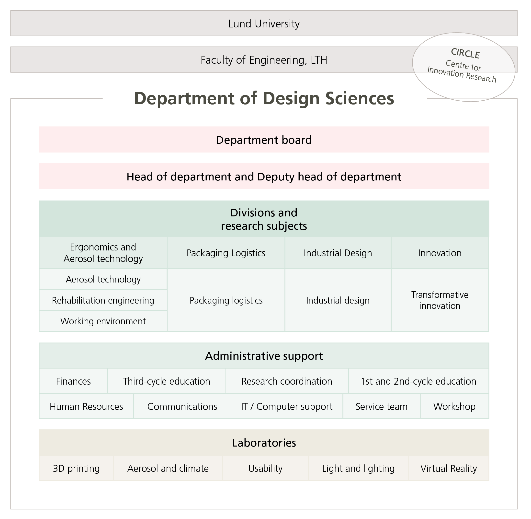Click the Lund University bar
pos(264,24)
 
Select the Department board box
pos(264,140)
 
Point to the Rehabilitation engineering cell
pos(103,300)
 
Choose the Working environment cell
pos(103,321)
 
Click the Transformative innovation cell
pos(440,300)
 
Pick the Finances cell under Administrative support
pos(73,381)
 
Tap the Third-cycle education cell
pos(166,381)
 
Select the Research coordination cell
pos(286,381)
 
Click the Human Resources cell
pos(86,406)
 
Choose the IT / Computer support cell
pos(286,406)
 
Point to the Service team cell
pos(381,406)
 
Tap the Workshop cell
pos(454,406)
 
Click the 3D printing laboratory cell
pos(76,468)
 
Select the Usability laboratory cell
pos(265,468)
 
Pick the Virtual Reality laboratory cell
pos(449,468)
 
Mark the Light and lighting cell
pos(358,468)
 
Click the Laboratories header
pos(264,443)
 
